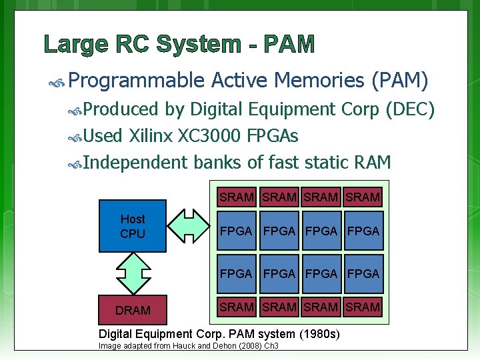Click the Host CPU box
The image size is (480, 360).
pyautogui.click(x=132, y=226)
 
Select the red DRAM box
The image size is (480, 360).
pyautogui.click(x=132, y=310)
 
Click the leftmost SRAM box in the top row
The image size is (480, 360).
pyautogui.click(x=236, y=197)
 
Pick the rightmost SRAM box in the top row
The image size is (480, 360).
pyautogui.click(x=363, y=197)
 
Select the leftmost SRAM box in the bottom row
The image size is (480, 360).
pyautogui.click(x=236, y=307)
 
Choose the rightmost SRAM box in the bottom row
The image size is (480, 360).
pyautogui.click(x=363, y=307)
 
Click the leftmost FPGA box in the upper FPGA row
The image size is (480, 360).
pyautogui.click(x=236, y=231)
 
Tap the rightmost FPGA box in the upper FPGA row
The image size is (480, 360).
pyautogui.click(x=363, y=231)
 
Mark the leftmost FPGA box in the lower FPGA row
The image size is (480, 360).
pyautogui.click(x=236, y=273)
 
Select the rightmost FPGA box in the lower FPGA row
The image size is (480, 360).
pyautogui.click(x=363, y=273)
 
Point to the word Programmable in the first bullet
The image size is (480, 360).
pyautogui.click(x=136, y=81)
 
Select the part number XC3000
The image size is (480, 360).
pyautogui.click(x=209, y=136)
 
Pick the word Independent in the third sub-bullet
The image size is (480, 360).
pyautogui.click(x=136, y=162)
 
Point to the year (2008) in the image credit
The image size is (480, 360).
pyautogui.click(x=241, y=346)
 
